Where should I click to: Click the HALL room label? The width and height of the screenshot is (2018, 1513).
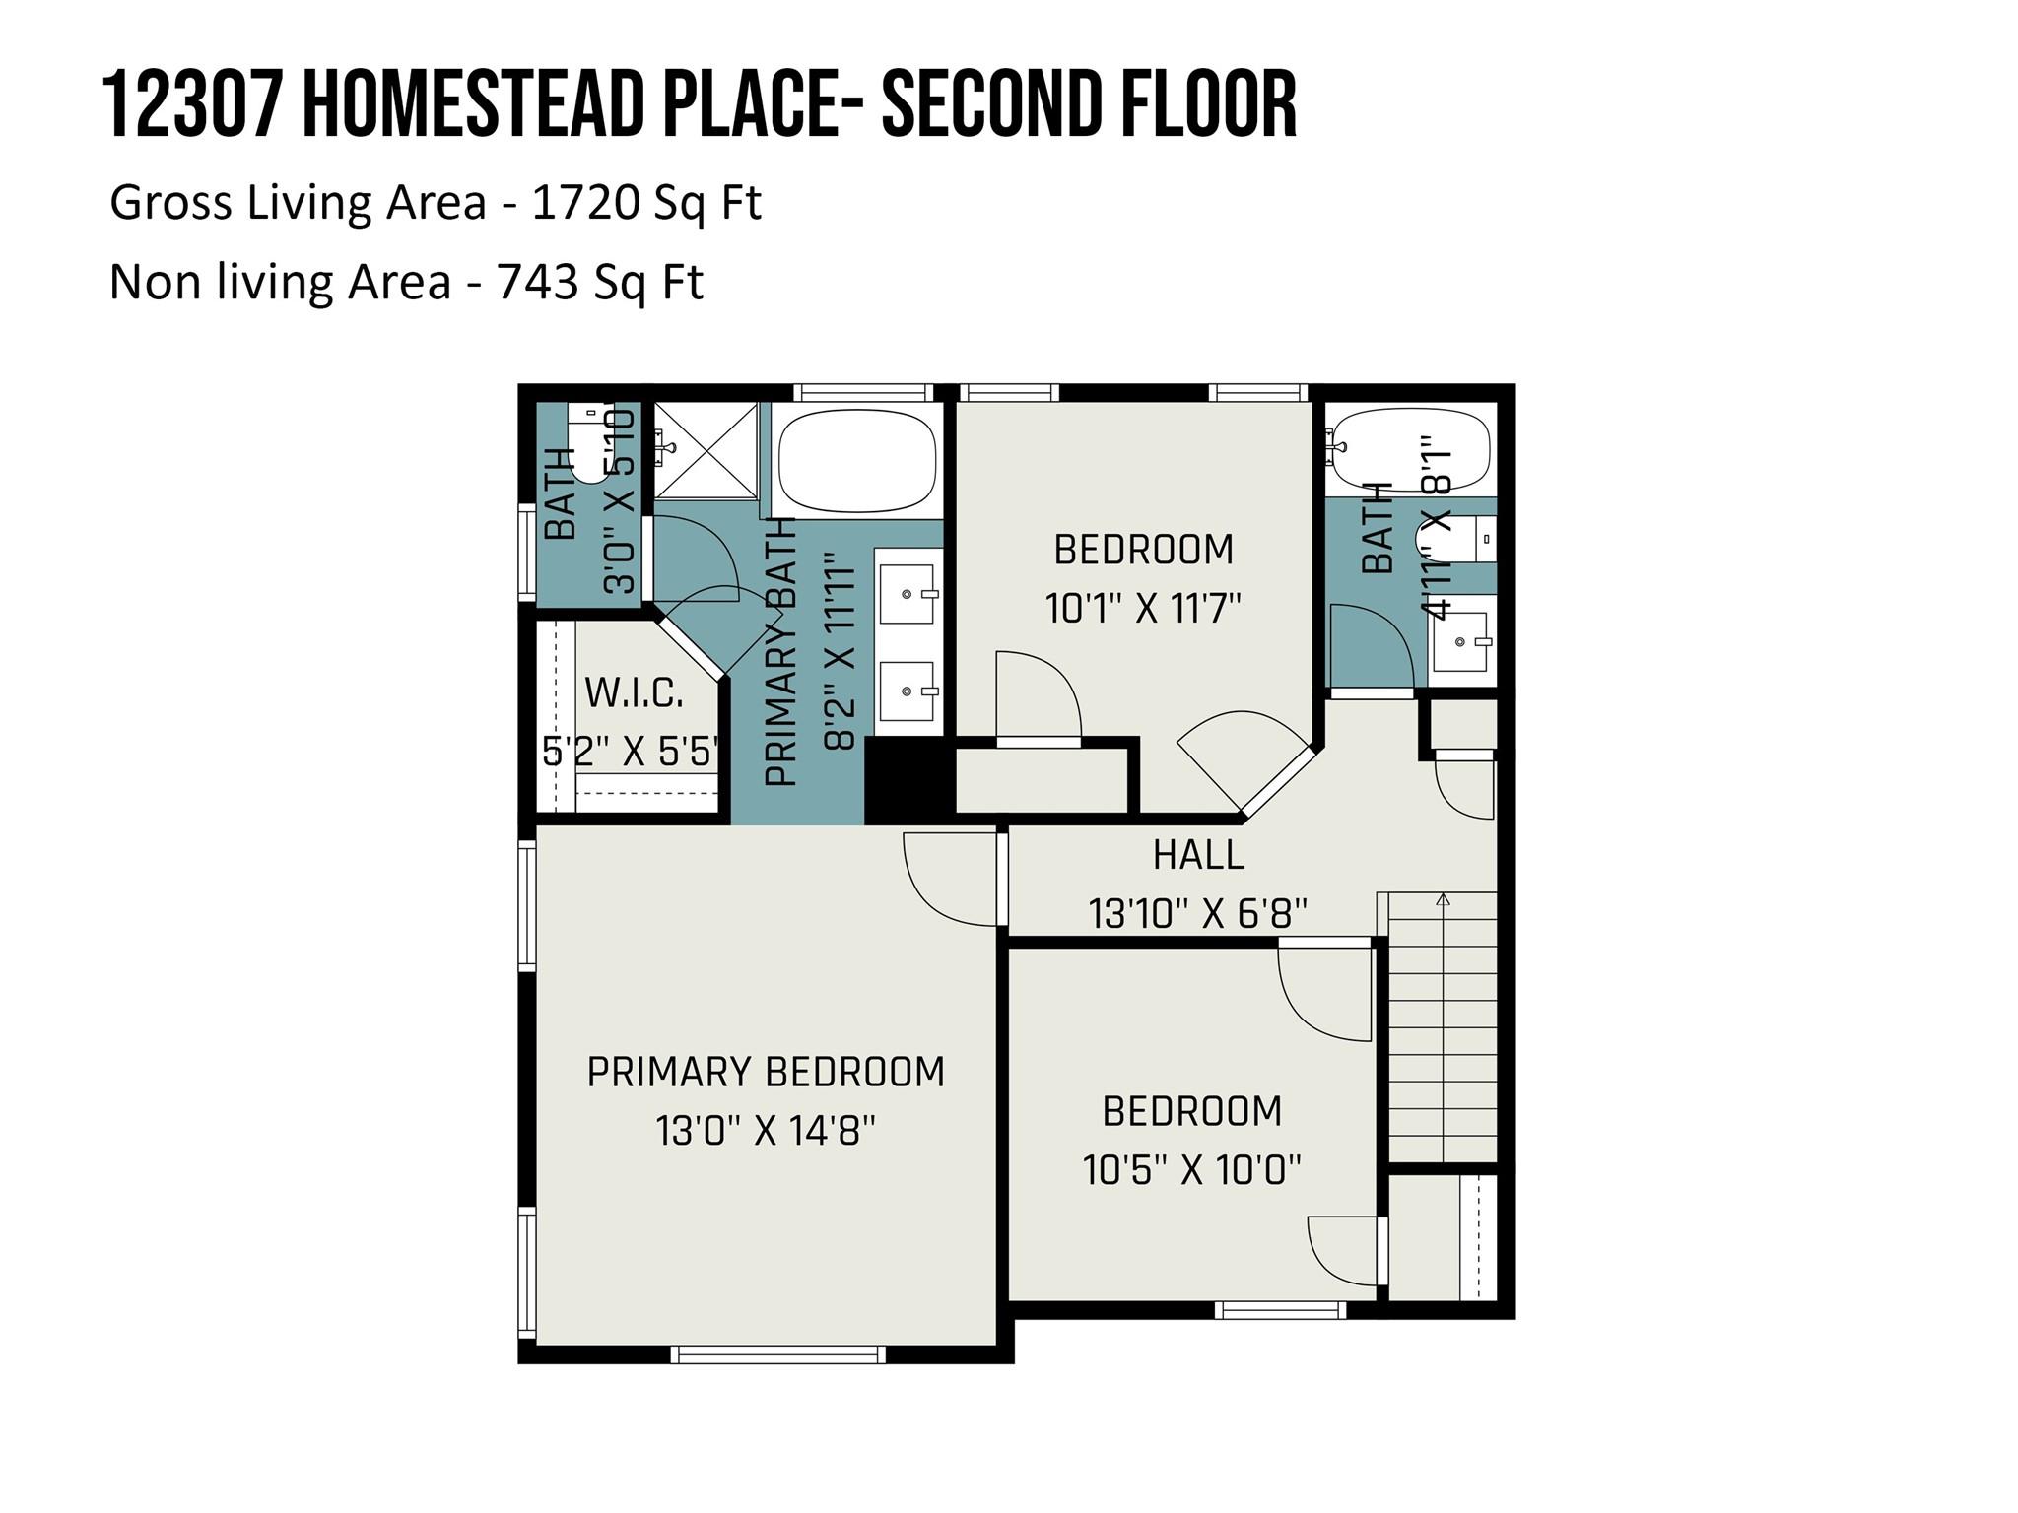(x=1198, y=855)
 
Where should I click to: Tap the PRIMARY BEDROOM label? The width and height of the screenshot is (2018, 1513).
(x=766, y=1072)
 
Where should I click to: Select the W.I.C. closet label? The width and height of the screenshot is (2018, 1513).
(x=634, y=692)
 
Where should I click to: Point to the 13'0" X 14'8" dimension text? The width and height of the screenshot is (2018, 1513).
(x=766, y=1131)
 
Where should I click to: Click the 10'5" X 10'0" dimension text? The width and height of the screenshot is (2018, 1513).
(x=1191, y=1171)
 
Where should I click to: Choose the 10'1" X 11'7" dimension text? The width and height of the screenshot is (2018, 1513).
(x=1143, y=609)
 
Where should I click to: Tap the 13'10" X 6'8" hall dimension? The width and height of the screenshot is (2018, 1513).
(x=1198, y=914)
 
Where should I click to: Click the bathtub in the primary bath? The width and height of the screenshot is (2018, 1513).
(x=856, y=461)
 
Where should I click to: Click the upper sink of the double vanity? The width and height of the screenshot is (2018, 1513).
(x=907, y=594)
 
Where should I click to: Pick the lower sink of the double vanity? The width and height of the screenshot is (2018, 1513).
(x=907, y=691)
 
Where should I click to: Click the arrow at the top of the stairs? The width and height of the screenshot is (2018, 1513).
(x=1444, y=899)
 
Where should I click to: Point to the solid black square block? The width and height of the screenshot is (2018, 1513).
(x=908, y=781)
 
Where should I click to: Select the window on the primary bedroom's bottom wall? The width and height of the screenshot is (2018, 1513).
(x=777, y=1354)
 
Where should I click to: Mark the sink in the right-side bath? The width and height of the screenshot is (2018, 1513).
(x=1460, y=642)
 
